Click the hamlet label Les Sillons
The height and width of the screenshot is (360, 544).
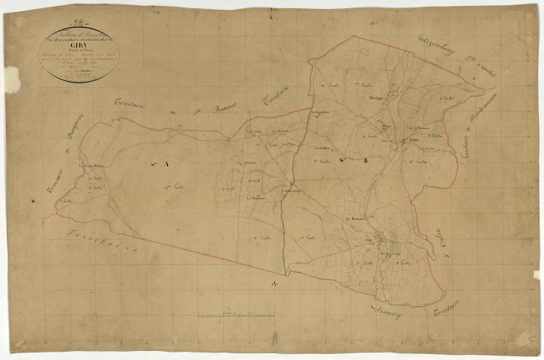point(324,147)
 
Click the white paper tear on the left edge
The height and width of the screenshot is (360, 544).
point(11,79)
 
